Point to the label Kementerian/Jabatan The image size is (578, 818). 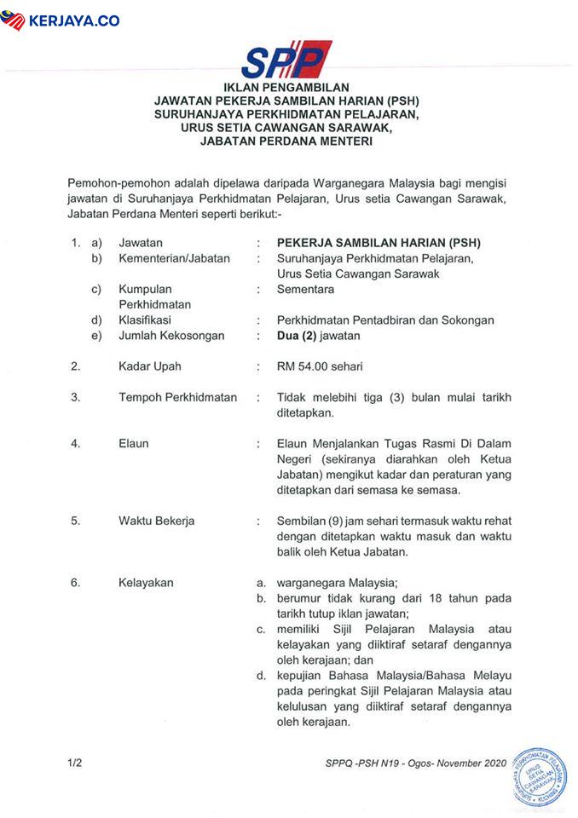(x=174, y=258)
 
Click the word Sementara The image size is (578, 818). (x=305, y=290)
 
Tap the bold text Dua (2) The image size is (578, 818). (x=296, y=336)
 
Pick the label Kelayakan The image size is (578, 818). (x=146, y=583)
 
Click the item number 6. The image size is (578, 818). (x=76, y=583)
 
